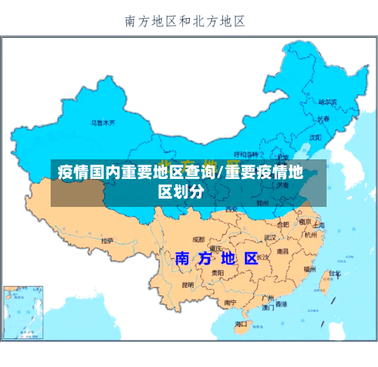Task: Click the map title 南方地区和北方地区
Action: click(185, 21)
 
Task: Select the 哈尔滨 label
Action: click(327, 101)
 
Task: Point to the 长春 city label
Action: click(324, 119)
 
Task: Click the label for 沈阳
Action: click(315, 137)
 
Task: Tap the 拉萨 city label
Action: click(107, 240)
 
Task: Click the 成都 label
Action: click(198, 239)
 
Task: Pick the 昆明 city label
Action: click(188, 285)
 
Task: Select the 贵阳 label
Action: click(217, 272)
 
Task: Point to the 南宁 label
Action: click(231, 303)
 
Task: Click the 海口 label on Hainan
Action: click(241, 324)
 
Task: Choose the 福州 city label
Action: click(309, 268)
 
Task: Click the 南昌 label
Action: click(282, 251)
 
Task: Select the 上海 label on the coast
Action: click(318, 225)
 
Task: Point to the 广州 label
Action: click(268, 298)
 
